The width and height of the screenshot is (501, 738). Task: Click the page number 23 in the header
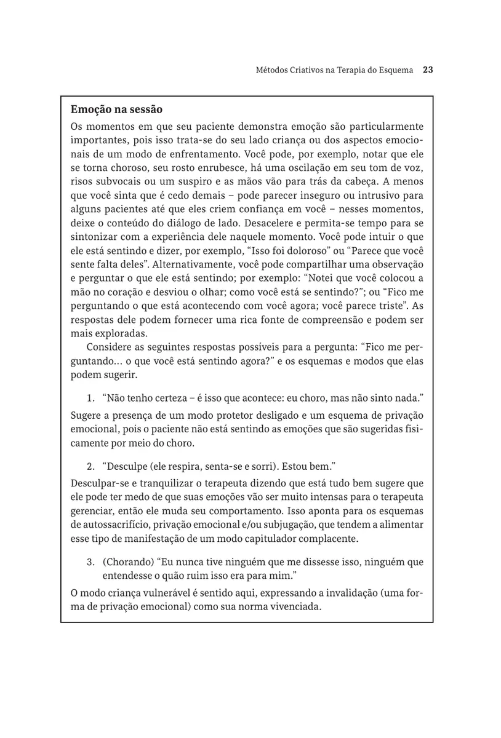tap(428, 70)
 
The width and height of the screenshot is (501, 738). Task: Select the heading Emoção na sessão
tap(117, 110)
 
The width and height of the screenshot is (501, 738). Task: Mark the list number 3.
tap(89, 561)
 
